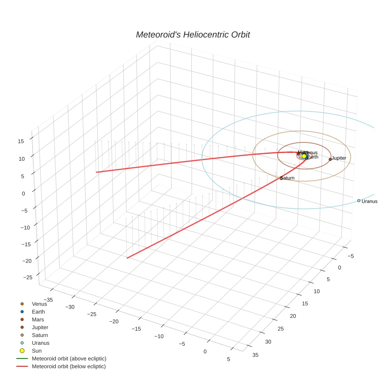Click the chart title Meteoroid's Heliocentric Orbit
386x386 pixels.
[193, 35]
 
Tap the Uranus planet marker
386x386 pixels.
[359, 200]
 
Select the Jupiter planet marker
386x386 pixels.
[330, 159]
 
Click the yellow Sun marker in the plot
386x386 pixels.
[304, 156]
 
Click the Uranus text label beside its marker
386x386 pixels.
[369, 201]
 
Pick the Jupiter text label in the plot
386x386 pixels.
[339, 158]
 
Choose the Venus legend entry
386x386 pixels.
[39, 304]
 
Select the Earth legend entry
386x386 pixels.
[38, 312]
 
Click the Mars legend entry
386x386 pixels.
[38, 320]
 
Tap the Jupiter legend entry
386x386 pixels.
[40, 327]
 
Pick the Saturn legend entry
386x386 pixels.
[40, 335]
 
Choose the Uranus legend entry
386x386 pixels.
[40, 343]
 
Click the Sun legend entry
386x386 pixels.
[36, 351]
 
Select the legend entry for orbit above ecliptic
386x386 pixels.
[69, 359]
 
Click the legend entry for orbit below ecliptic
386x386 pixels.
[69, 366]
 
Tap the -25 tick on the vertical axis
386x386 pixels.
[28, 277]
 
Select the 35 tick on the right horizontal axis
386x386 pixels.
[255, 355]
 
